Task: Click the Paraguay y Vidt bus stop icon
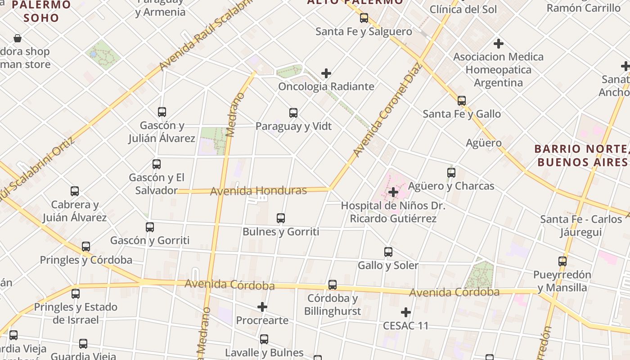tap(293, 113)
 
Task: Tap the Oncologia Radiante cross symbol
tap(326, 73)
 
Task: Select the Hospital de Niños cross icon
tap(393, 193)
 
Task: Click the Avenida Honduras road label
tap(258, 191)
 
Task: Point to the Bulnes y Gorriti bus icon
tap(281, 218)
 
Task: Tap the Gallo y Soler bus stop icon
tap(388, 252)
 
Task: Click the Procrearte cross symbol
tap(262, 307)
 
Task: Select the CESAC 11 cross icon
tap(406, 312)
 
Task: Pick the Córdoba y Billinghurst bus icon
tap(333, 285)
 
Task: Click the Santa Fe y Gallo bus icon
tap(462, 101)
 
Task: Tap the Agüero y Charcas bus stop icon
tap(451, 173)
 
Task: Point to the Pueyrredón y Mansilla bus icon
tap(562, 261)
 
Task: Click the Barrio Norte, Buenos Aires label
tap(581, 155)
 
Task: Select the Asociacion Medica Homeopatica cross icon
tap(498, 44)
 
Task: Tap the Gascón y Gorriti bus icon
tap(150, 227)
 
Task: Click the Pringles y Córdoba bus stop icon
tap(86, 247)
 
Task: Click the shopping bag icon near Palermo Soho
tap(18, 38)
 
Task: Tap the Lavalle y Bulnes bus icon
tap(264, 339)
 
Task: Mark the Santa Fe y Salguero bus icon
tap(364, 18)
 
